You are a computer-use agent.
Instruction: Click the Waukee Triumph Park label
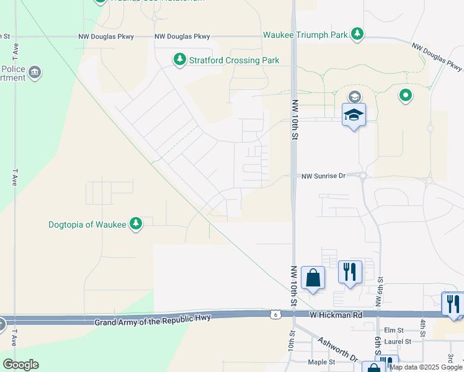click(x=305, y=35)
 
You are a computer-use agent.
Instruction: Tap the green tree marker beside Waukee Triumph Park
click(x=357, y=34)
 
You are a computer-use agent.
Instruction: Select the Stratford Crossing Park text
click(x=234, y=60)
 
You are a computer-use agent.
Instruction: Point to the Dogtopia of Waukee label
click(x=87, y=224)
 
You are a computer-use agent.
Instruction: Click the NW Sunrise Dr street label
click(x=323, y=176)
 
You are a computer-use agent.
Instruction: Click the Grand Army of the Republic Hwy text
click(x=153, y=319)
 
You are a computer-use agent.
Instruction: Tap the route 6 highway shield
click(x=274, y=315)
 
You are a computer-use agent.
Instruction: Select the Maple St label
click(x=322, y=361)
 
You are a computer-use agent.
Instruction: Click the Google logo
click(x=20, y=365)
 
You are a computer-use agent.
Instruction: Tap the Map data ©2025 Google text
click(x=426, y=367)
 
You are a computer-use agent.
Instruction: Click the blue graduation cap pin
click(x=354, y=115)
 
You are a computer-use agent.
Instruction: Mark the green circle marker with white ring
click(x=405, y=95)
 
